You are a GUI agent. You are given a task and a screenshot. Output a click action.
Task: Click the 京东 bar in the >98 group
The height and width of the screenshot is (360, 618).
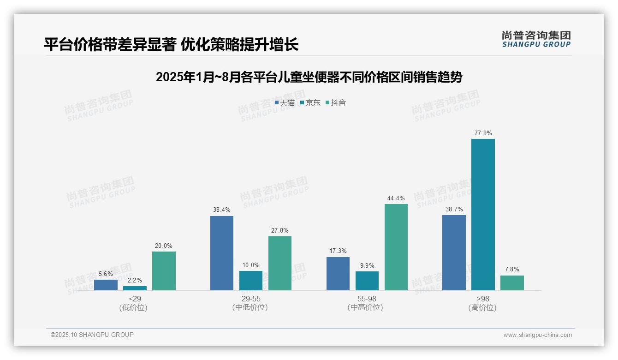(483, 215)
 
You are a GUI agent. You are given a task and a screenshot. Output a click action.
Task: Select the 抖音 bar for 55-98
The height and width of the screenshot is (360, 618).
(396, 247)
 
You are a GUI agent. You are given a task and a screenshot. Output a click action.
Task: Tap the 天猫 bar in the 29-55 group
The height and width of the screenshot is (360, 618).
(222, 253)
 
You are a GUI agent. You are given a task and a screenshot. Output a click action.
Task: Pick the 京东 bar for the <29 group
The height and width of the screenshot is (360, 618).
(135, 288)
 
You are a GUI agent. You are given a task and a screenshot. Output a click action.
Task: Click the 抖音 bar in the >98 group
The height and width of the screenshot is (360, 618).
(512, 283)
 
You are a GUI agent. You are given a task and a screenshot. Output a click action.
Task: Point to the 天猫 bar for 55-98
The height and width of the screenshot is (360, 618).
(338, 274)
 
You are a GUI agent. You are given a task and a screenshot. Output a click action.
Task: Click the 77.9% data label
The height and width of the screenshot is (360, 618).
(483, 133)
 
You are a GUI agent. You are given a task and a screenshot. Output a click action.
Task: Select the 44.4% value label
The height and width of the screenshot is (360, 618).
(396, 198)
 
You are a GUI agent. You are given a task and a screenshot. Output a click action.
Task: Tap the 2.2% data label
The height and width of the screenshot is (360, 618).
(135, 280)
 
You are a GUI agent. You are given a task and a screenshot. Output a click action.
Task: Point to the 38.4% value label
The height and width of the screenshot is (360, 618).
(222, 210)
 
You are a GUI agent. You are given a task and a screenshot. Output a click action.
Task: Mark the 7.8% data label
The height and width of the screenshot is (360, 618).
(512, 270)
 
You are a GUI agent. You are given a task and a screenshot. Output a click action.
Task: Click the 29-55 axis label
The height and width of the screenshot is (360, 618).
(250, 299)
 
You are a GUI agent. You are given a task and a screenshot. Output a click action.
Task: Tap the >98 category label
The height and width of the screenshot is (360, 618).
(482, 299)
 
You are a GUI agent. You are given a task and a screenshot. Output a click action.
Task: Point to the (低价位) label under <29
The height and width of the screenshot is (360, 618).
(133, 307)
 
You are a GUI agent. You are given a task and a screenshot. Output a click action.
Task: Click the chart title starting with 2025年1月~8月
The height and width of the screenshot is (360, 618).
(309, 77)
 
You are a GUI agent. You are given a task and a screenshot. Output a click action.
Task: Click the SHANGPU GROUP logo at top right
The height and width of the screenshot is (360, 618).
(536, 39)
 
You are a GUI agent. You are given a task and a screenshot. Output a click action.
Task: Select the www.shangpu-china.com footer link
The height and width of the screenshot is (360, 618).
(537, 335)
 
